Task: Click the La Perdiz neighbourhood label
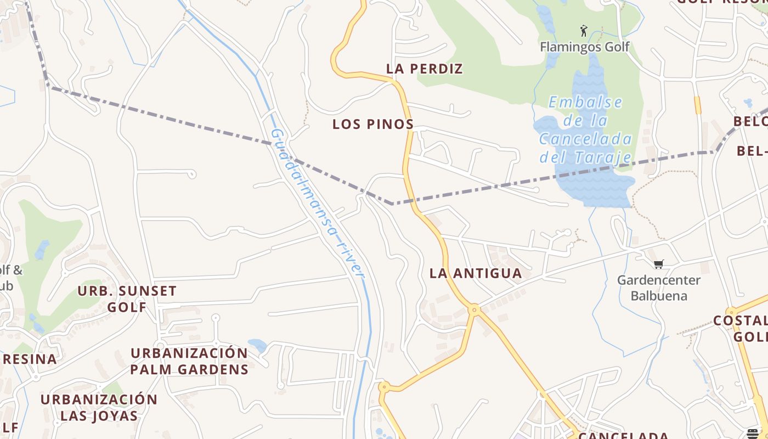point(425,69)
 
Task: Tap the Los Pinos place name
point(373,125)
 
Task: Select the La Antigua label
point(476,273)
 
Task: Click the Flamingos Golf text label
point(585,47)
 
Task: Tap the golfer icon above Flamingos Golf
point(584,31)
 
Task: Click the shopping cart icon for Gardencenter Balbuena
point(659,264)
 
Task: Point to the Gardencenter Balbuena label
point(659,288)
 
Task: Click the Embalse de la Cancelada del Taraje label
point(585,130)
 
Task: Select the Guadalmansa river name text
point(318,203)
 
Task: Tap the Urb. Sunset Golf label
point(127,299)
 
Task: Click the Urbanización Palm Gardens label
point(189,361)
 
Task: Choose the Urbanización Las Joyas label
point(99,407)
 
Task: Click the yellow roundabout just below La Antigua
point(475,310)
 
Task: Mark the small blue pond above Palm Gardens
point(257,345)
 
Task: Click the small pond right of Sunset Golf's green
point(42,250)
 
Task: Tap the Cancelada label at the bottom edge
point(623,436)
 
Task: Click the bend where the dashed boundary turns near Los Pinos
point(392,204)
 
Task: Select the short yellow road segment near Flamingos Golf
point(697,105)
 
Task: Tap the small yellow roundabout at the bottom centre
point(383,387)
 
